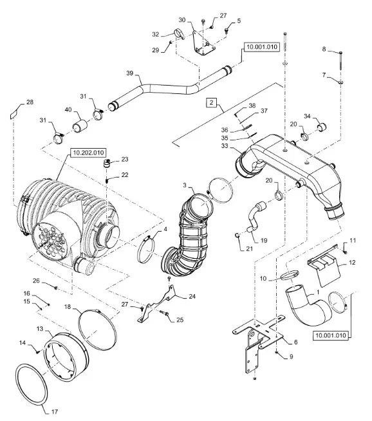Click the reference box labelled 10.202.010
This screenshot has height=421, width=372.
[x=88, y=153]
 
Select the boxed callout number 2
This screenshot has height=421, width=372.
[x=212, y=102]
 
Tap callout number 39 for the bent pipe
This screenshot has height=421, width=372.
[x=129, y=73]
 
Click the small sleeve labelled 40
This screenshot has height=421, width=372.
[x=80, y=126]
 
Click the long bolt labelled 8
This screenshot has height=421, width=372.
[x=341, y=61]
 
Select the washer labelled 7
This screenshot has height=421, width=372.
[x=341, y=82]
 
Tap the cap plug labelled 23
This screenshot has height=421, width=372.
[x=107, y=164]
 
